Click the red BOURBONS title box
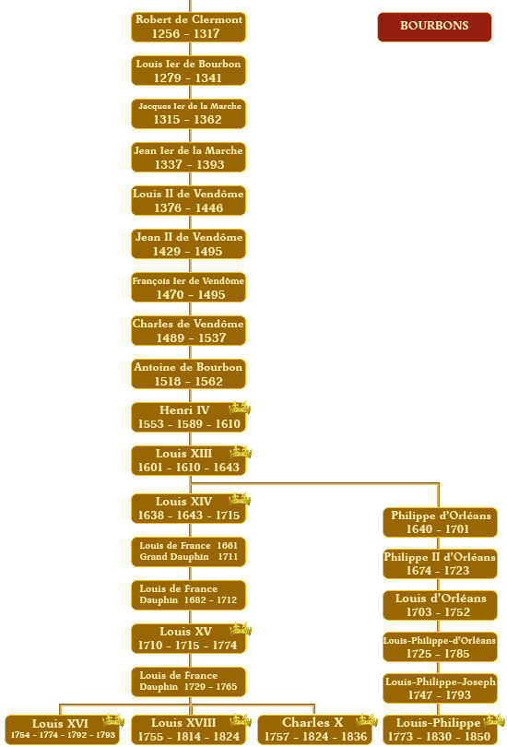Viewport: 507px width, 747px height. tap(434, 27)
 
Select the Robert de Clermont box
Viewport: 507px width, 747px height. tap(189, 27)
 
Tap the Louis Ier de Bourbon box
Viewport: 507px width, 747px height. tap(189, 70)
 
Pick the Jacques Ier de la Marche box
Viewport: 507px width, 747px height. tap(189, 113)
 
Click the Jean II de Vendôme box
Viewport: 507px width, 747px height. tap(189, 243)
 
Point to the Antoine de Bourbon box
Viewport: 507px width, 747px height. tap(189, 374)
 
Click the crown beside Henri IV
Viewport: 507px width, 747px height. tap(240, 408)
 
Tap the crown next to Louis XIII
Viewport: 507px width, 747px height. tap(241, 452)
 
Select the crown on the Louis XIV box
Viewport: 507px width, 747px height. tap(240, 499)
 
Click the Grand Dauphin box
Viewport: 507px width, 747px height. tap(189, 551)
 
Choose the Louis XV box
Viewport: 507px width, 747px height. tap(189, 638)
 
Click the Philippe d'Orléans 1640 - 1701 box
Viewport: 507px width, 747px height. tap(440, 522)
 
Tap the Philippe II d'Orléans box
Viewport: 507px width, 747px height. tap(440, 563)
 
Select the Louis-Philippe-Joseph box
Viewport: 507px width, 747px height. tap(440, 688)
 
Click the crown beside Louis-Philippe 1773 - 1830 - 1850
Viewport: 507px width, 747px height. tap(494, 720)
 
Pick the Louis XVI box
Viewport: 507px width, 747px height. tap(62, 729)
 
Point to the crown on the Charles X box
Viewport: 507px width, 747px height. tap(367, 720)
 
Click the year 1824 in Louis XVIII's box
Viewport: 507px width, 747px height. tap(226, 737)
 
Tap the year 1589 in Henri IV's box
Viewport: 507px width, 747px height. tap(190, 424)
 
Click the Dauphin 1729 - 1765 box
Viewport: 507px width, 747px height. tap(189, 682)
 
